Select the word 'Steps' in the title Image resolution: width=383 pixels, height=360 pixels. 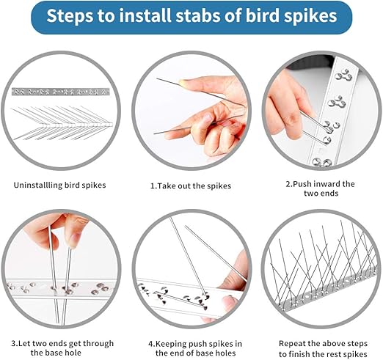point(70,16)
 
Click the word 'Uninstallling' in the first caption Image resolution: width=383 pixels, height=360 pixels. point(37,185)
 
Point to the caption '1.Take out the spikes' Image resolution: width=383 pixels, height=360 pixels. point(191,185)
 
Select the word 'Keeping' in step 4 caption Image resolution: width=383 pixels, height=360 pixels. point(170,344)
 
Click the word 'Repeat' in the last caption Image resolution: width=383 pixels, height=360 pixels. point(292,343)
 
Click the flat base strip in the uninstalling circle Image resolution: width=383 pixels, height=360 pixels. point(61,92)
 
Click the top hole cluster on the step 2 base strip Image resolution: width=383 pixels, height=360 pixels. point(343,76)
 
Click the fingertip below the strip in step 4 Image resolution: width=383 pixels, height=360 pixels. point(230,302)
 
